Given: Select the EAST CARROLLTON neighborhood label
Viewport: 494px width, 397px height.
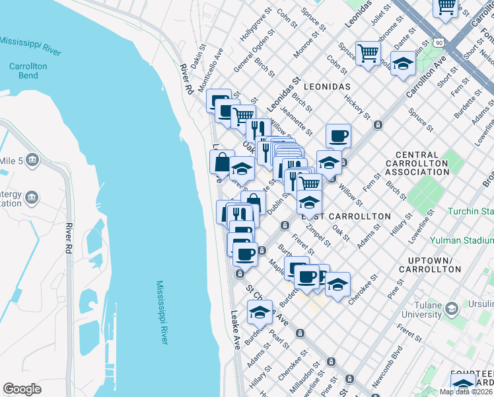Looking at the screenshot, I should (346, 216).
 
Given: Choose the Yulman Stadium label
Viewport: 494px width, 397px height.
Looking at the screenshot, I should (462, 241).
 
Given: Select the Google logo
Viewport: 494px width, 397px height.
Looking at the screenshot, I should (22, 389).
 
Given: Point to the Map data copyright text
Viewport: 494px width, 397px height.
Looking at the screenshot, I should (466, 392).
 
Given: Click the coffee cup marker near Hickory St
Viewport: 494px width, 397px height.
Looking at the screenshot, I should (338, 136).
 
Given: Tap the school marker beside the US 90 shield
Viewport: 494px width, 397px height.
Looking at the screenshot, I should (403, 64).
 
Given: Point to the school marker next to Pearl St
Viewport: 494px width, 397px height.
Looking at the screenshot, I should (260, 312).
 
